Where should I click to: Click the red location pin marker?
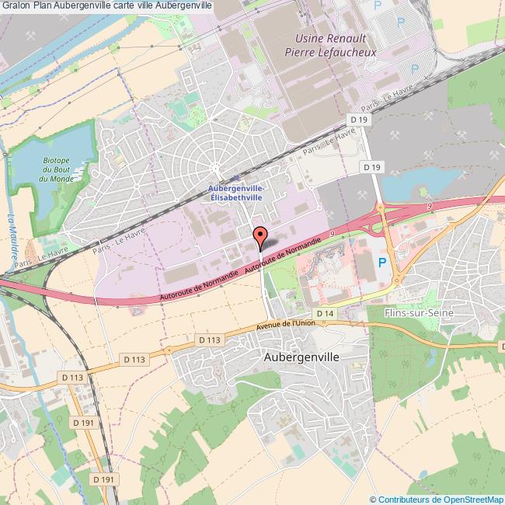259,236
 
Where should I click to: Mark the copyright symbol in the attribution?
373,499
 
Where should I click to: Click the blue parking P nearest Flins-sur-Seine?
381,263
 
